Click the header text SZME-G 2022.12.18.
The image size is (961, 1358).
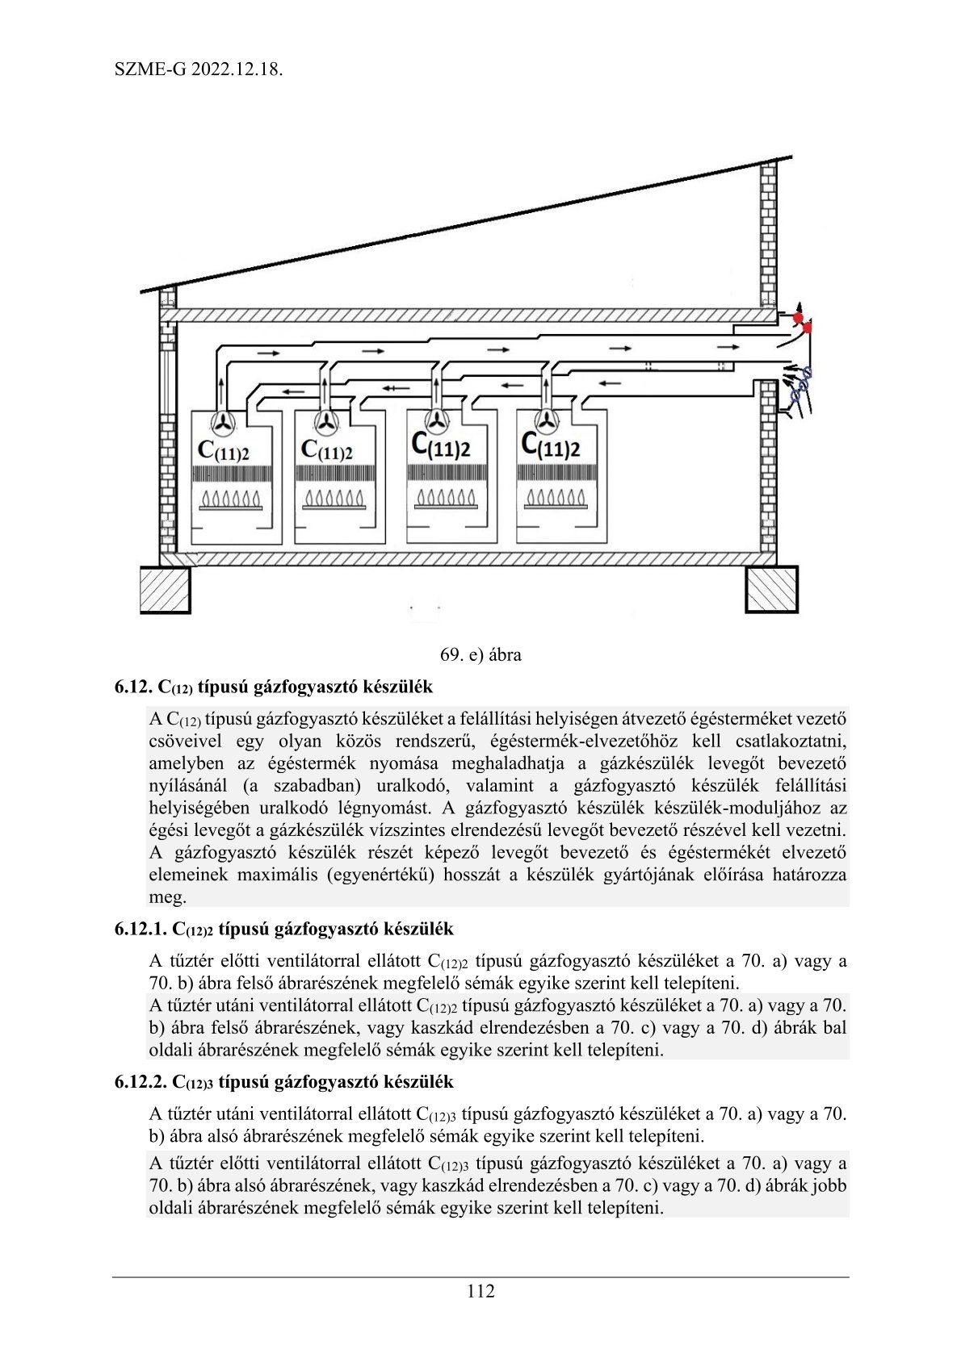[199, 69]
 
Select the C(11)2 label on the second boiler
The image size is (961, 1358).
[326, 450]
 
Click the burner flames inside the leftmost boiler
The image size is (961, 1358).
[231, 498]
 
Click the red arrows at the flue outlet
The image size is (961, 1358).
[801, 320]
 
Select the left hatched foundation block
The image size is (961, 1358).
[166, 590]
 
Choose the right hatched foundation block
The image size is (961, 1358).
[771, 589]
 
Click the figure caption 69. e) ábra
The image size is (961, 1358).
[480, 654]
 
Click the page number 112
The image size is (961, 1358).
[480, 1291]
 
